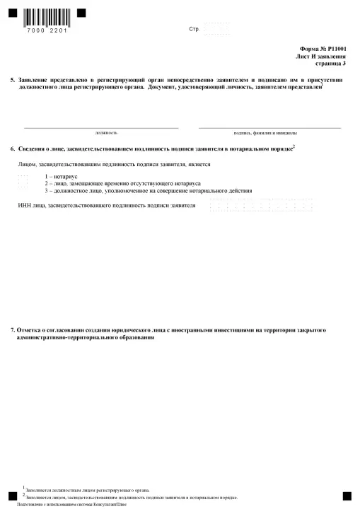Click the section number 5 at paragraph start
point(13,81)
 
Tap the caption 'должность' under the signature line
point(106,133)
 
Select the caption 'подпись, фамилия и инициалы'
point(265,133)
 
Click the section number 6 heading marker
point(13,149)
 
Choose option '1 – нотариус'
point(61,175)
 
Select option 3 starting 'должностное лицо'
point(138,191)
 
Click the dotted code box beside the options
point(22,183)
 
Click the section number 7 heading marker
point(13,330)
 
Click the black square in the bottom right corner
point(347,496)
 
